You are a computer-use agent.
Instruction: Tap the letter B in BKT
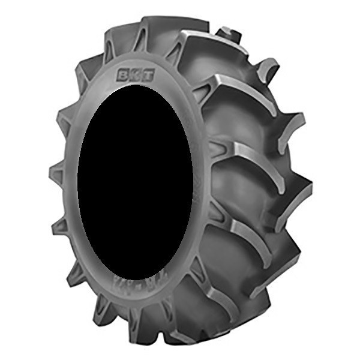(124, 75)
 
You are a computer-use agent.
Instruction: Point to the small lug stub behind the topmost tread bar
(229, 33)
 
